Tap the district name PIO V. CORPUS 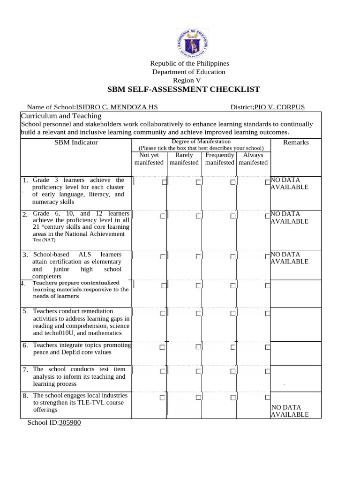point(279,107)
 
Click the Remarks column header point(296,142)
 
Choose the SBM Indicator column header point(76,142)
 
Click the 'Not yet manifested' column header point(149,158)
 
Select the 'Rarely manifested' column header point(184,158)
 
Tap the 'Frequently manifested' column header point(219,158)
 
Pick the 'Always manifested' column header point(253,158)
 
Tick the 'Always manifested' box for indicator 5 point(267,313)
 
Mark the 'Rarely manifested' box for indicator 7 point(198,371)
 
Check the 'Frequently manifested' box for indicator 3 point(233,256)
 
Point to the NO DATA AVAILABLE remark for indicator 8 point(290,411)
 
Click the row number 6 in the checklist point(25,346)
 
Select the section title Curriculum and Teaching point(61,116)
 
